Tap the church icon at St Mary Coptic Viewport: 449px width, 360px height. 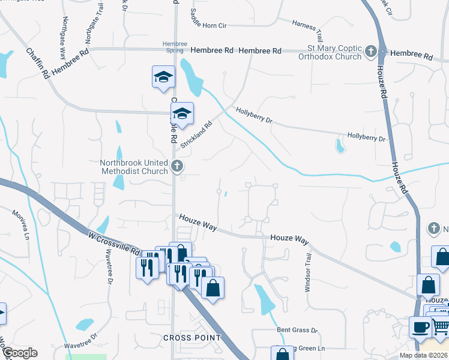tap(371, 52)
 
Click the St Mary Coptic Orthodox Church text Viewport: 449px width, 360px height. tap(331, 52)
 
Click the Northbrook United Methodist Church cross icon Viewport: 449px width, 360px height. tap(176, 166)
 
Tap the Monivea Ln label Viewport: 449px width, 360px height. tap(19, 223)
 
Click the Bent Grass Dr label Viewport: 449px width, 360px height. tap(297, 330)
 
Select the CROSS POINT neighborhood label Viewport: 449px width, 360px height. tap(192, 338)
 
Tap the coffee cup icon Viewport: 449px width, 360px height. tap(419, 327)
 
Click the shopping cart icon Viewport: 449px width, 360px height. tap(441, 328)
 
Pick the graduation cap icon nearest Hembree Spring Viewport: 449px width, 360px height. tap(163, 77)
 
